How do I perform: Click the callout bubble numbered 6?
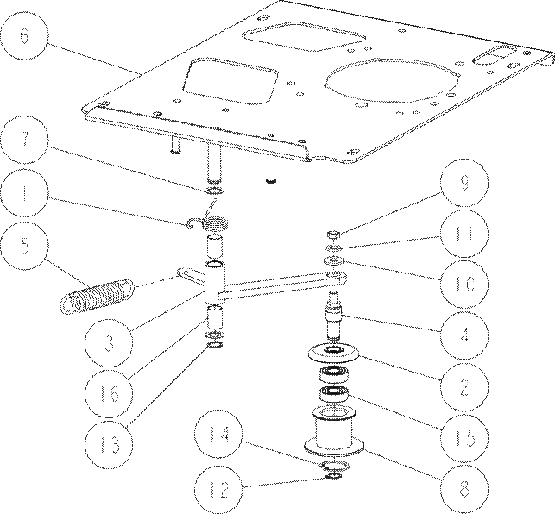(23, 35)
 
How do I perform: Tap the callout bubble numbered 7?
(23, 140)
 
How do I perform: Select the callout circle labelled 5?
(23, 245)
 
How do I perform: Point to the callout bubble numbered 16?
(109, 394)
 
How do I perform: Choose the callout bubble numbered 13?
(109, 445)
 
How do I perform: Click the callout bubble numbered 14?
(218, 434)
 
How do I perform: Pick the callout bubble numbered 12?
(218, 490)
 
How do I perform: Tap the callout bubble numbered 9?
(464, 183)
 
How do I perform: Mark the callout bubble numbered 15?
(464, 439)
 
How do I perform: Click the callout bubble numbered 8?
(464, 490)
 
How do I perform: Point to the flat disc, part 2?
(334, 353)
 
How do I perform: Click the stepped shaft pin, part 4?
(333, 314)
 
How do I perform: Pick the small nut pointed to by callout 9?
(333, 235)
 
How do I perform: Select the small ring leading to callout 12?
(333, 476)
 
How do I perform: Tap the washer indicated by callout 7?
(215, 191)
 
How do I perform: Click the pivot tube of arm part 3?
(215, 282)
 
